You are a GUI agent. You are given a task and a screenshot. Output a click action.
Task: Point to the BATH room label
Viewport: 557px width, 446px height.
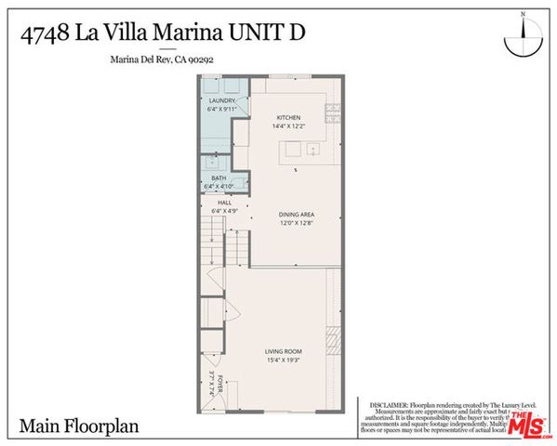coord(219,177)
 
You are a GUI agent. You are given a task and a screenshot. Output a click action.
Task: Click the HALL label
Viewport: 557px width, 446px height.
coord(224,202)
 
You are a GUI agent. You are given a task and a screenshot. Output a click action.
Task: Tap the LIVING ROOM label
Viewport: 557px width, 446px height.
coord(282,350)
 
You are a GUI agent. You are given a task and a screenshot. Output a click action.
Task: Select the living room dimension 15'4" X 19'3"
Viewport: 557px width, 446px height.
coord(282,360)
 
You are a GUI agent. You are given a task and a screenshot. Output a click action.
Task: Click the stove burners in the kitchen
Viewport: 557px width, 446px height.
coord(333,113)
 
